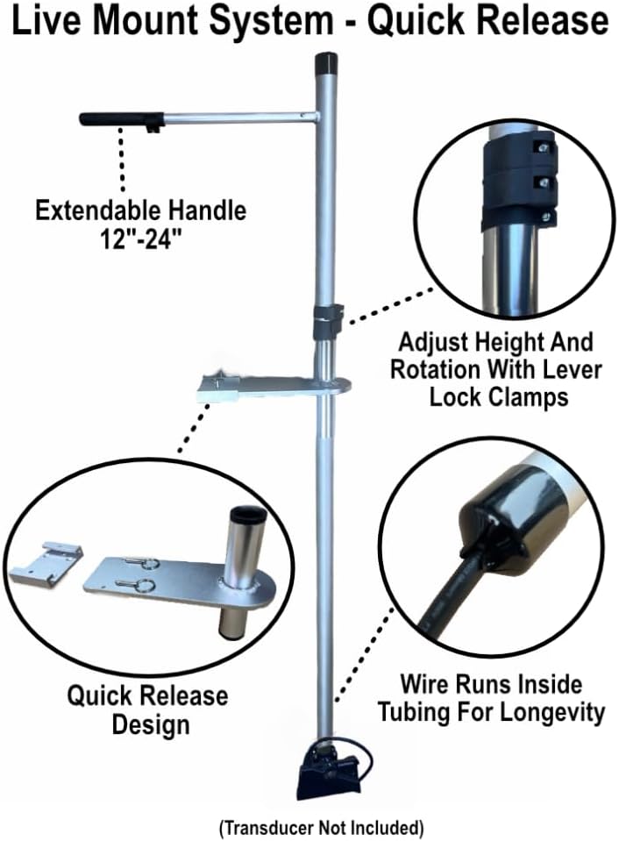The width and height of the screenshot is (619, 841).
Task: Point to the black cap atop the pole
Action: point(325,64)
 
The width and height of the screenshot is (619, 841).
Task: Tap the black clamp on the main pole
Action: point(327,320)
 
